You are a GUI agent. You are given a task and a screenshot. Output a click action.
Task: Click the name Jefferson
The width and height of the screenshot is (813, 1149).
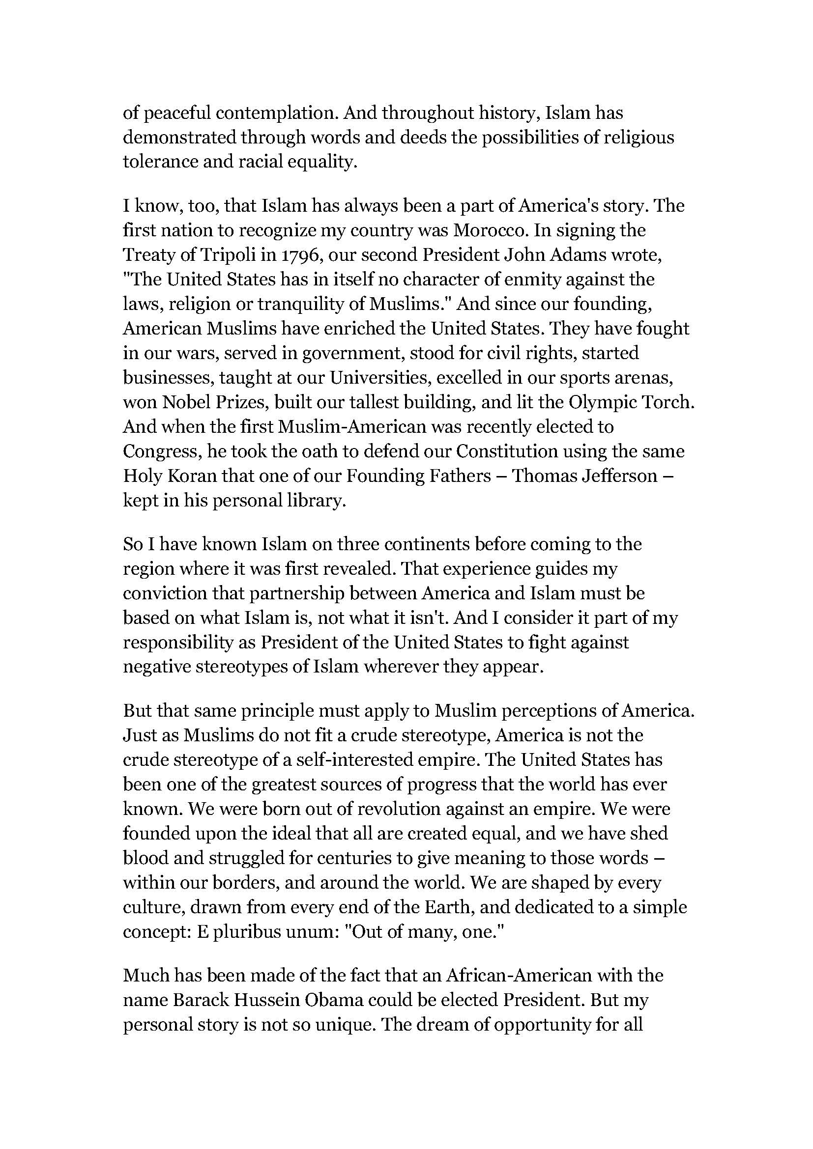click(619, 476)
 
